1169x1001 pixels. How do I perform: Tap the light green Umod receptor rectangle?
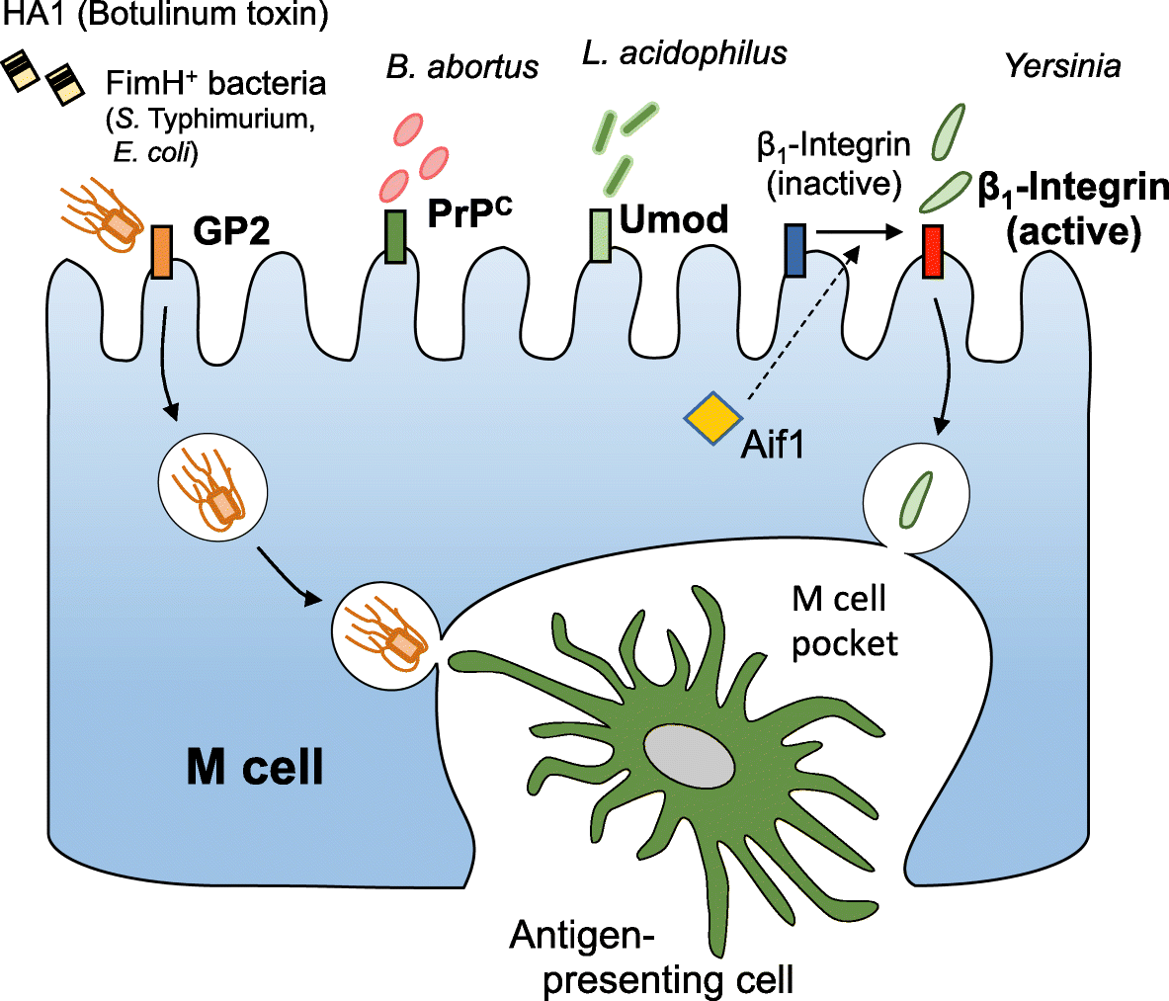coord(600,236)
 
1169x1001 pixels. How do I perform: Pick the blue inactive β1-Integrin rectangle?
coord(795,250)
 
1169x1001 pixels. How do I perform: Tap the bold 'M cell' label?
coord(255,766)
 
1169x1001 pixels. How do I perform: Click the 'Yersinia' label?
coord(1063,66)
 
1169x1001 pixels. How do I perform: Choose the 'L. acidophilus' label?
coord(685,52)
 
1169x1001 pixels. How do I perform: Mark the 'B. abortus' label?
coord(462,66)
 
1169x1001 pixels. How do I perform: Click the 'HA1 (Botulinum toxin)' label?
coord(164,15)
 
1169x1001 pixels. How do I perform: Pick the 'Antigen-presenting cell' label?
coord(652,957)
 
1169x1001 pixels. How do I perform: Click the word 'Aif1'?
coord(773,444)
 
